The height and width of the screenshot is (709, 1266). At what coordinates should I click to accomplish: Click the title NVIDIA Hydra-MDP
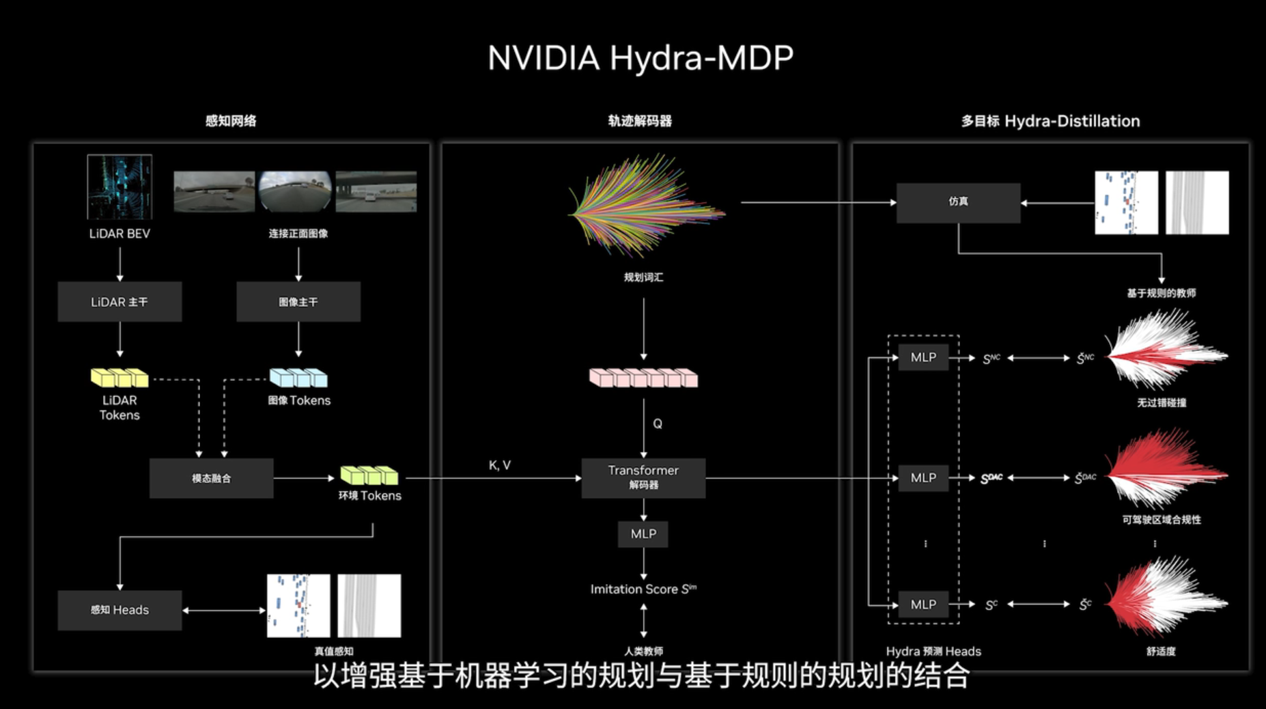640,58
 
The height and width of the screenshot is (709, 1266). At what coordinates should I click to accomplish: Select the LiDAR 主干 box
119,302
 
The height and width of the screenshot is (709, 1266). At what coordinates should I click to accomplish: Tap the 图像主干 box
298,302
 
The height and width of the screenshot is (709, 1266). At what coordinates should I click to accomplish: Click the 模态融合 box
211,478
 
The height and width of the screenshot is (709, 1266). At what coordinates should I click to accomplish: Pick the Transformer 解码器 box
643,477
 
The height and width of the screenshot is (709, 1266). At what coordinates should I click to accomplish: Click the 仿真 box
958,202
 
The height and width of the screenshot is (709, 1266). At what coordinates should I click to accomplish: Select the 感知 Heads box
119,610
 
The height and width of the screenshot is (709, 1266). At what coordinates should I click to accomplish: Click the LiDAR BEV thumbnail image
119,187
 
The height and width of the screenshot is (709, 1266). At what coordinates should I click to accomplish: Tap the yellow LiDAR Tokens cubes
119,378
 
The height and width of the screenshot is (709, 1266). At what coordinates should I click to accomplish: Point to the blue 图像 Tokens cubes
298,378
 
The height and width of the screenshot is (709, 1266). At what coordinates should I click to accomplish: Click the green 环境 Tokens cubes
369,475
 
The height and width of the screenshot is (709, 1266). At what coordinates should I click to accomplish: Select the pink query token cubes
643,378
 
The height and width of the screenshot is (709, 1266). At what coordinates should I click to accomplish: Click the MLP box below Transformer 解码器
643,534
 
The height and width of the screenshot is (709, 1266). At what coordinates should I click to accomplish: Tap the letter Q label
658,423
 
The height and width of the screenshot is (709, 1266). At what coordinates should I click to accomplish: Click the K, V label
500,465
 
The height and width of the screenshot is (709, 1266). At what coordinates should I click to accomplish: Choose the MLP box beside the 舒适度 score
923,604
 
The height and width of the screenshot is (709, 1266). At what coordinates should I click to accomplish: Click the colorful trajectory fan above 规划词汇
645,205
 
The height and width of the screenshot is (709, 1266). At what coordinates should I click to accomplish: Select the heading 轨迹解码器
640,121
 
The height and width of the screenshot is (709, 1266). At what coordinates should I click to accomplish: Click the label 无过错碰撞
1161,403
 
